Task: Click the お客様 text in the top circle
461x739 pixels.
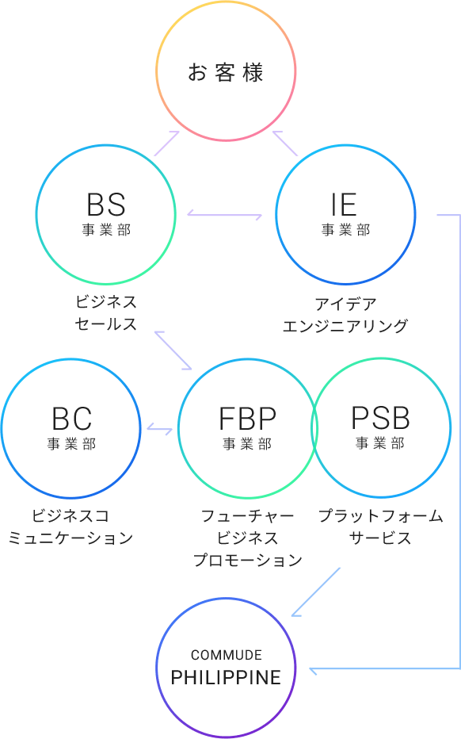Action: (226, 73)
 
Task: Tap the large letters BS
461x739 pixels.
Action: (106, 205)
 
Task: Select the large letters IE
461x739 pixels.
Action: (344, 205)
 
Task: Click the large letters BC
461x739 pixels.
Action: (71, 419)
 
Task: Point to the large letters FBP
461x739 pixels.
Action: (248, 419)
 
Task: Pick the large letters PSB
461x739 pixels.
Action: (380, 418)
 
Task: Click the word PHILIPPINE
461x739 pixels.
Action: (226, 678)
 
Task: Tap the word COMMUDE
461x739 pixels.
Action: (227, 655)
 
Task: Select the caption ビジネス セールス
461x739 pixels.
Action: (106, 313)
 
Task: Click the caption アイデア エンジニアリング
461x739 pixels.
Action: (345, 315)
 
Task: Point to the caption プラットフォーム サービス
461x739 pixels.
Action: (380, 527)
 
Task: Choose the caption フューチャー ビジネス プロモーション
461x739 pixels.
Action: (248, 538)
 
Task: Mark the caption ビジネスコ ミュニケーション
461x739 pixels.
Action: (70, 527)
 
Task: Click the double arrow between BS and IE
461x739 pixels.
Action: (225, 215)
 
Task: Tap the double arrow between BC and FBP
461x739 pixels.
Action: (160, 428)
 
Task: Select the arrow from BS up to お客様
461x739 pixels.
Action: (167, 144)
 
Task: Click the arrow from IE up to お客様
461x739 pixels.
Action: (285, 144)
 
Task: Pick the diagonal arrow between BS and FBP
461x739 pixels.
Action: (173, 350)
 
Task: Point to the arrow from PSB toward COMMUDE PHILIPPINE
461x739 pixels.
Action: (315, 592)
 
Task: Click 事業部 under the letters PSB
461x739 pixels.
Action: (380, 443)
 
